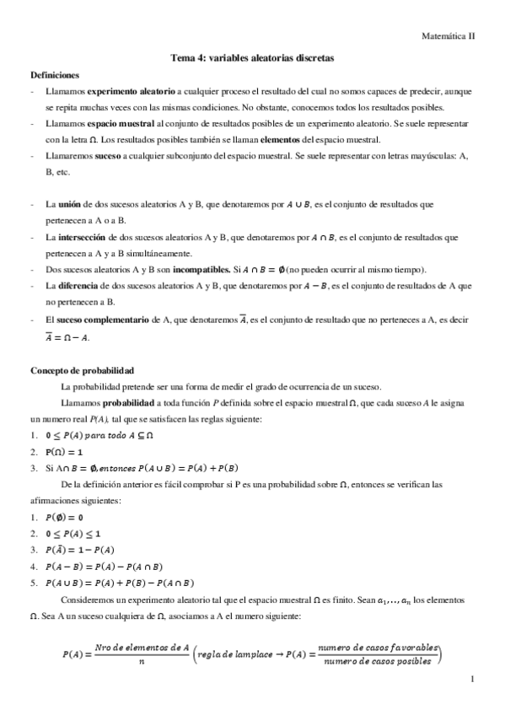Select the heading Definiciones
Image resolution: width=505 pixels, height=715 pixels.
pyautogui.click(x=55, y=75)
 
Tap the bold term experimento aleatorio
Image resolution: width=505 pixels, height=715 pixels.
pyautogui.click(x=130, y=91)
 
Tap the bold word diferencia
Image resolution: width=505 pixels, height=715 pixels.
pyautogui.click(x=83, y=286)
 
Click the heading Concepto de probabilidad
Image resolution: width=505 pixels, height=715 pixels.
pyautogui.click(x=83, y=370)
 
